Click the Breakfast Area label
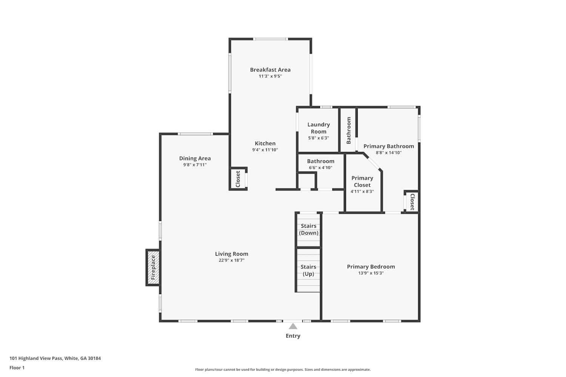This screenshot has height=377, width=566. (270, 70)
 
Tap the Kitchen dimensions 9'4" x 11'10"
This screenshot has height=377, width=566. (265, 150)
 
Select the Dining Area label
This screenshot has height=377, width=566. (195, 158)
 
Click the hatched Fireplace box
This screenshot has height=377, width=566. (153, 268)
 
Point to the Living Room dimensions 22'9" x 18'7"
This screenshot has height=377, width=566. (231, 261)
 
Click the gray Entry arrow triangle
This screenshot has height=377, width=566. (293, 326)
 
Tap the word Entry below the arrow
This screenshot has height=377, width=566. (293, 336)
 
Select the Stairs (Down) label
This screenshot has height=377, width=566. (309, 229)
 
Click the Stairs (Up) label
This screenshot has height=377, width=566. (308, 270)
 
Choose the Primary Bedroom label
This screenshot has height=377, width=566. (371, 267)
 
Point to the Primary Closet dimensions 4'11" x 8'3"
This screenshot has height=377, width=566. (362, 192)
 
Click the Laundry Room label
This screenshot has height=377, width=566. (318, 128)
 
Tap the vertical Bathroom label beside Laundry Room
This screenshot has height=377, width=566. (348, 130)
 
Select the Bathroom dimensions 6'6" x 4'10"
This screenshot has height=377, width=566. (321, 168)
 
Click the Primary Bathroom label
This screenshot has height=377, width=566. (389, 146)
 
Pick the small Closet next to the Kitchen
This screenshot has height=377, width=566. (238, 179)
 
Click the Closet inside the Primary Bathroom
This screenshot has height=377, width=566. (412, 202)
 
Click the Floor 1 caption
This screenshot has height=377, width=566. (17, 368)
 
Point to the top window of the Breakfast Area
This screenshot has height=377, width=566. (271, 39)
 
